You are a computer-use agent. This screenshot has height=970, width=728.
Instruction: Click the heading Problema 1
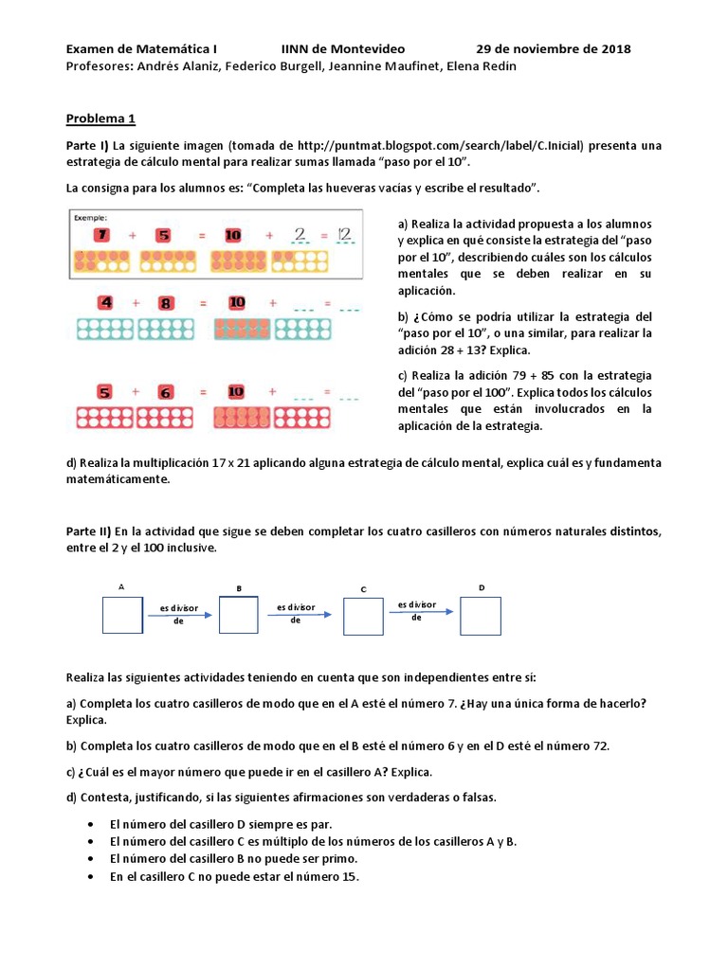point(100,119)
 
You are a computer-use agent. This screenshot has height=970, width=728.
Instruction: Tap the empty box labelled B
point(238,615)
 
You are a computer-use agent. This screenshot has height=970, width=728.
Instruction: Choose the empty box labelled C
point(363,616)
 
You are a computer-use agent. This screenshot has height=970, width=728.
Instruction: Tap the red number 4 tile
point(106,303)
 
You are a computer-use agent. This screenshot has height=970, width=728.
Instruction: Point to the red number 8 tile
point(165,303)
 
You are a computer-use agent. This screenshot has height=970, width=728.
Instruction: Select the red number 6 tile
point(165,390)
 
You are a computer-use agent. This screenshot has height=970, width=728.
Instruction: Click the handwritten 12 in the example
point(343,234)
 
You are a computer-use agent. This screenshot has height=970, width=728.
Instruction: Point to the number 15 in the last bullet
point(347,876)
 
